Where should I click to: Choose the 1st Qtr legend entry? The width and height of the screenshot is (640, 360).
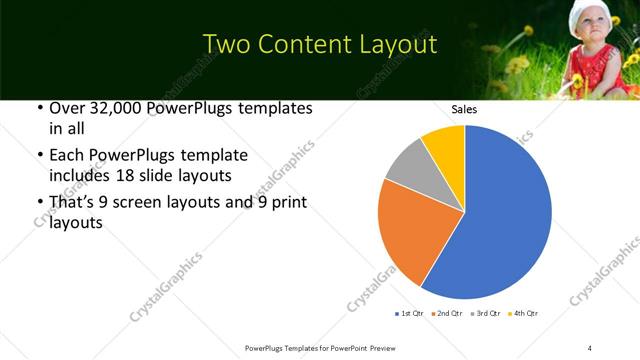pyautogui.click(x=411, y=314)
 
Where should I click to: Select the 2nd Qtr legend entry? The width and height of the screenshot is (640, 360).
pyautogui.click(x=448, y=314)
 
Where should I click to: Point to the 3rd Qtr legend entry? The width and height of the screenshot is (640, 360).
pyautogui.click(x=485, y=314)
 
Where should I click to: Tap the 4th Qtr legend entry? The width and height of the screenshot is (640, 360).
pyautogui.click(x=523, y=314)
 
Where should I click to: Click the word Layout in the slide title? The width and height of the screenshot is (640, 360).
pyautogui.click(x=397, y=45)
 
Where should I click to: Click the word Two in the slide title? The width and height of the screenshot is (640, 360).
pyautogui.click(x=222, y=45)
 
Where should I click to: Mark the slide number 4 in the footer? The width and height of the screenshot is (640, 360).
pyautogui.click(x=590, y=347)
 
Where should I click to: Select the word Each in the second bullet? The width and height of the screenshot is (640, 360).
pyautogui.click(x=68, y=156)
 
